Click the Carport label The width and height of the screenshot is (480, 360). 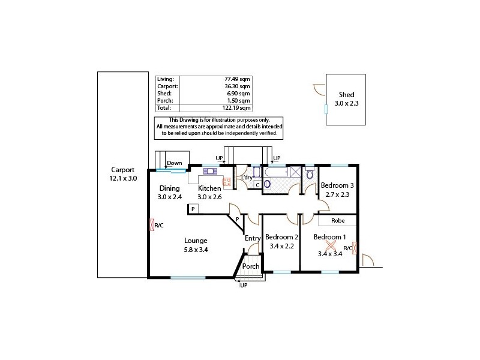point(122,170)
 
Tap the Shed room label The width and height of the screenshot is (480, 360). point(346,95)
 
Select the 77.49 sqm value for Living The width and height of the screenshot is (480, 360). point(238,79)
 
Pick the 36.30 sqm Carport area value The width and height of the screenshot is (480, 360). point(238,86)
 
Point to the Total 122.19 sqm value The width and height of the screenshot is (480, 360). point(236,108)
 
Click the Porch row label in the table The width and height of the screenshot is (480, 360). point(164,101)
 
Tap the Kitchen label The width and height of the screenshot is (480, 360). point(210,188)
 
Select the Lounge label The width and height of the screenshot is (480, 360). point(196,241)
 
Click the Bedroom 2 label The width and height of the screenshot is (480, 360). point(281,237)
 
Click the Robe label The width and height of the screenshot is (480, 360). point(338,220)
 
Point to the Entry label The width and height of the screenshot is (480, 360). point(253,238)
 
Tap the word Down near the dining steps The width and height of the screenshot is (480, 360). point(174,163)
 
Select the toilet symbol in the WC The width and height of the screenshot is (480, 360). point(309,174)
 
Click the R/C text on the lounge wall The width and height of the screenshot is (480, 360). point(160,226)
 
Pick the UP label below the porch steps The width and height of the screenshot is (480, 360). point(243,285)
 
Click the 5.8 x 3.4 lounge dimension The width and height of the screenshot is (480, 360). point(196,250)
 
